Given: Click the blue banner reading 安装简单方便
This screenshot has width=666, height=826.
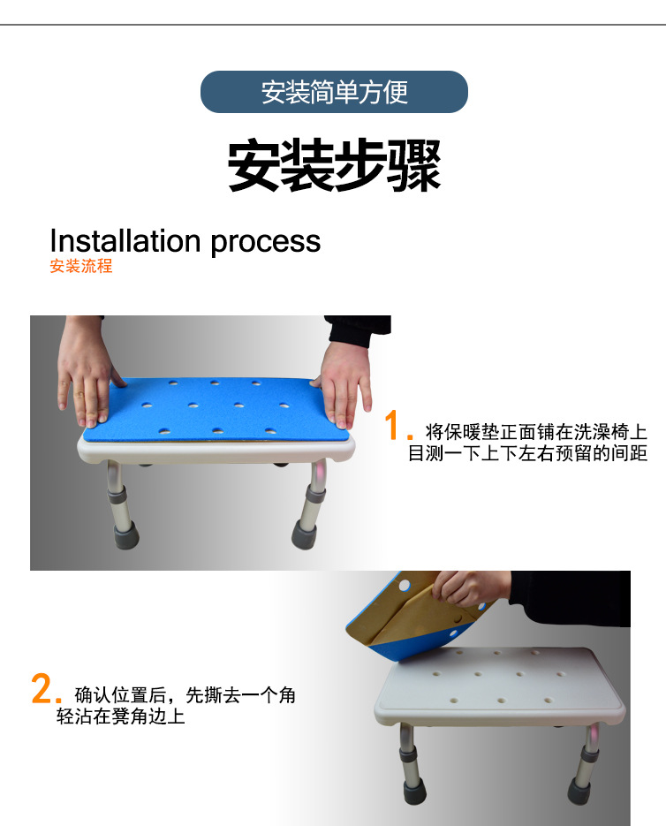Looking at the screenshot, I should pyautogui.click(x=334, y=92).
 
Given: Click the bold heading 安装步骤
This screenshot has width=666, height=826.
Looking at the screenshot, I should pyautogui.click(x=334, y=164).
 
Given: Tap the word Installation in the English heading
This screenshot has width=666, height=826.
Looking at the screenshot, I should pyautogui.click(x=125, y=240).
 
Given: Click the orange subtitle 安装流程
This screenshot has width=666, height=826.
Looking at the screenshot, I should pyautogui.click(x=81, y=267).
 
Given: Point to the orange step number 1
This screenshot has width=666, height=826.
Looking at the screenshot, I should pyautogui.click(x=395, y=428).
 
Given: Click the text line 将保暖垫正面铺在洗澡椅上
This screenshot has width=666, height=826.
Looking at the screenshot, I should pyautogui.click(x=536, y=432).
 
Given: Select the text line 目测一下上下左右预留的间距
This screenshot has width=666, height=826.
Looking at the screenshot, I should pyautogui.click(x=527, y=454).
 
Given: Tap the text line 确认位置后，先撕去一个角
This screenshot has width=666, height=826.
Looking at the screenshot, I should pyautogui.click(x=185, y=694).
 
